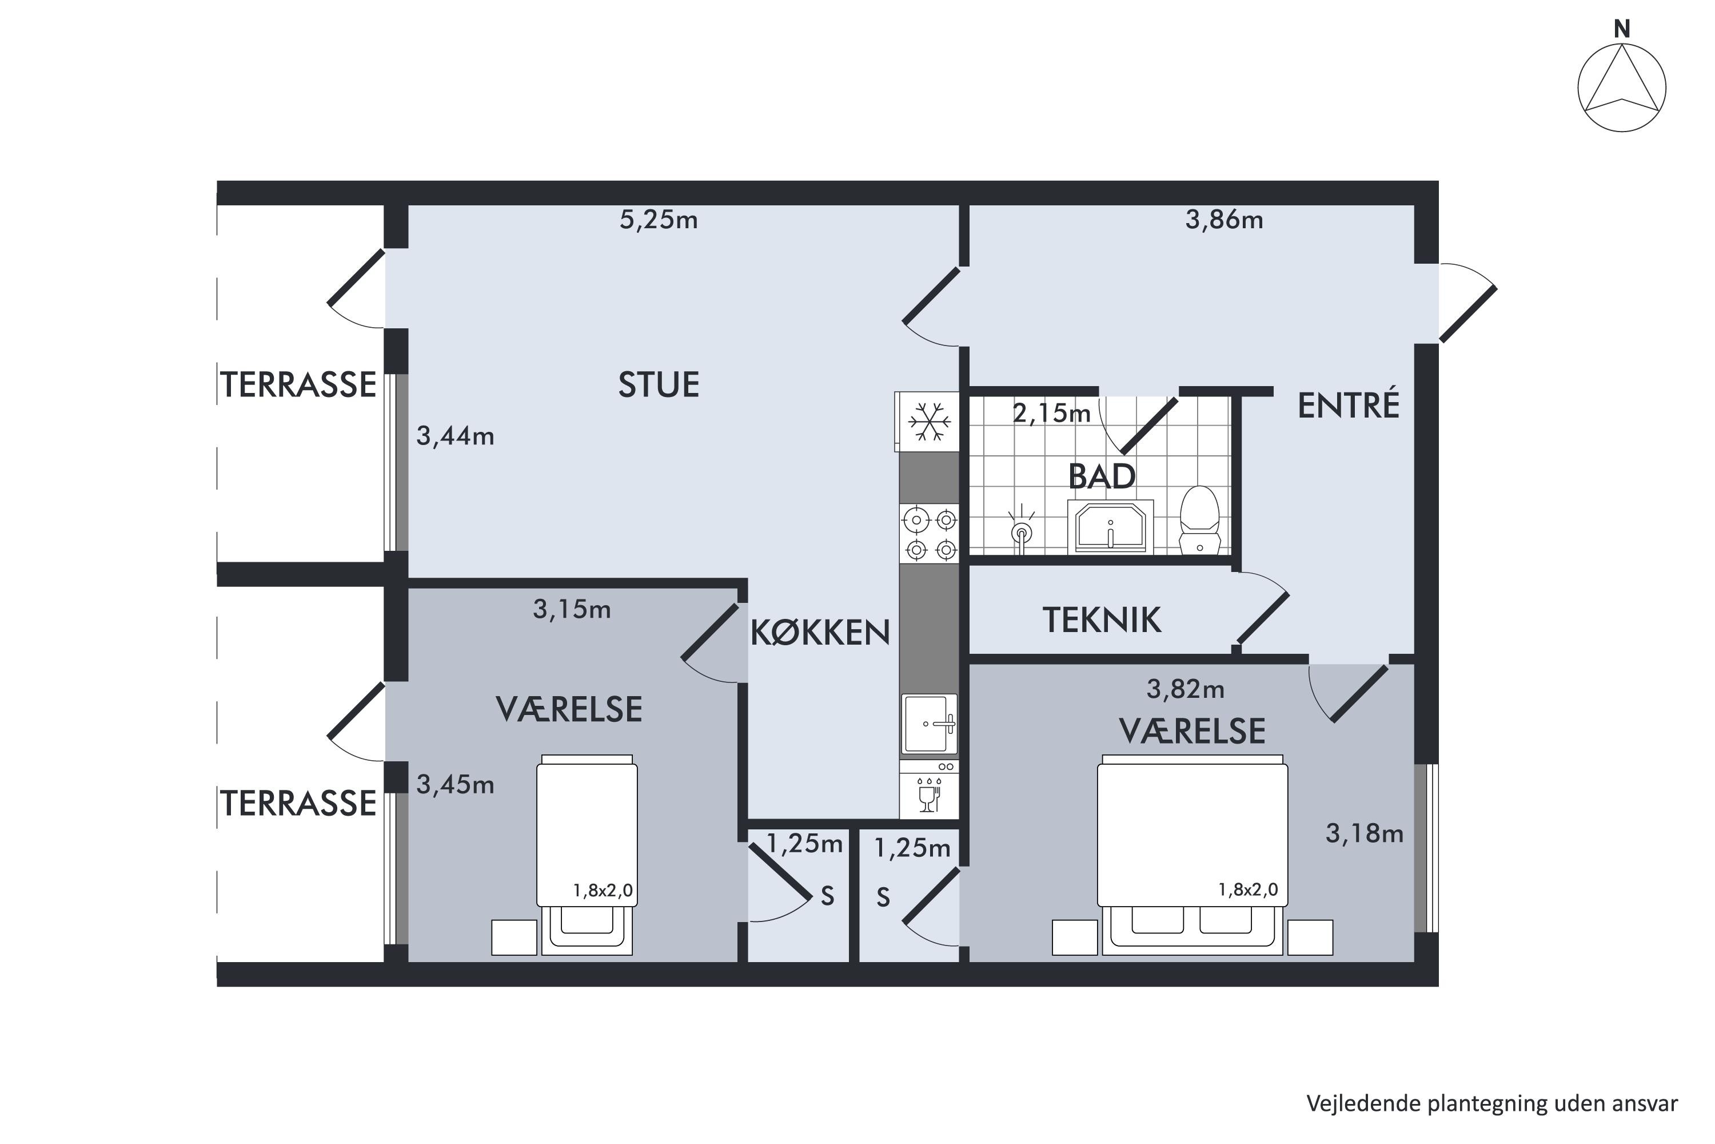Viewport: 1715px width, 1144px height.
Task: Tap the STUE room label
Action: [659, 384]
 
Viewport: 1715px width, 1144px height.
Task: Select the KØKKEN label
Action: [820, 633]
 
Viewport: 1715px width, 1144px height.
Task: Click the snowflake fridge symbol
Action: [929, 422]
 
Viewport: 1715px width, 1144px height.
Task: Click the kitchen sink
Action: [929, 723]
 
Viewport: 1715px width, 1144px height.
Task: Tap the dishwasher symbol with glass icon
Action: [929, 795]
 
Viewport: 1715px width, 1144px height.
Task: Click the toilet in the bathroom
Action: [1199, 520]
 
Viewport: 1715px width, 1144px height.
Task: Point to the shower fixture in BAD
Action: [1022, 529]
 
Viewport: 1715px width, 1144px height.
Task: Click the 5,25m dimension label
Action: [659, 220]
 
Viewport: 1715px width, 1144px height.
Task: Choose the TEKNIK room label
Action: [1102, 620]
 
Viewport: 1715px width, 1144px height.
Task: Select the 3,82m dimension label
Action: [1186, 689]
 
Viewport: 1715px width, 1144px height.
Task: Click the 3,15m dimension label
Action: [572, 609]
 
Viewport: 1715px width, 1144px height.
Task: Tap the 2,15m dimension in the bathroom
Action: [1051, 414]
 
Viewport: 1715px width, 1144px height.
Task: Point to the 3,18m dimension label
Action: [1364, 833]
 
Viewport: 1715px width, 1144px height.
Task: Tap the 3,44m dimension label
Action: [455, 436]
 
